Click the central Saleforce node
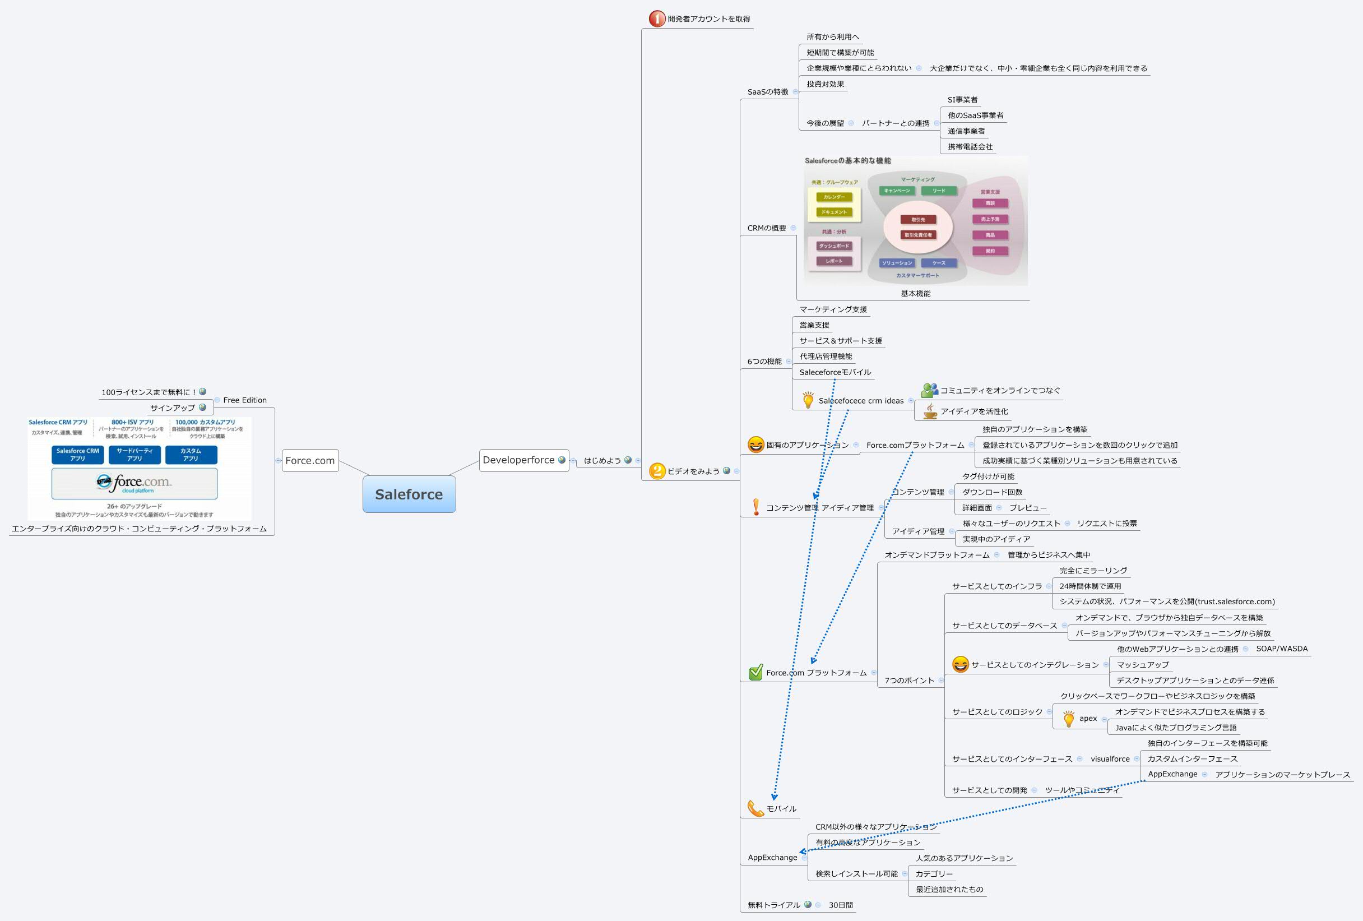[x=409, y=494]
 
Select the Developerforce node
[x=518, y=460]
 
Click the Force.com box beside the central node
[x=310, y=461]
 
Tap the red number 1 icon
[x=656, y=18]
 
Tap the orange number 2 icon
[x=657, y=470]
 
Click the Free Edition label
[x=244, y=400]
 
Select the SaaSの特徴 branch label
[x=767, y=91]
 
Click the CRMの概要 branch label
[x=766, y=228]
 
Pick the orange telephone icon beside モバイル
[x=755, y=808]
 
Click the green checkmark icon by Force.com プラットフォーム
[x=755, y=672]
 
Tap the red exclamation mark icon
[x=755, y=507]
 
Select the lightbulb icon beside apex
[x=1068, y=718]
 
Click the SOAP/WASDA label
[x=1282, y=648]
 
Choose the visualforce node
[x=1110, y=758]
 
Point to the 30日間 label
[x=841, y=905]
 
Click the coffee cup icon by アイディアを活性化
[x=930, y=411]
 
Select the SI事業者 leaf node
[x=962, y=100]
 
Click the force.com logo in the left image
[x=135, y=483]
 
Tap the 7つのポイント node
[x=909, y=680]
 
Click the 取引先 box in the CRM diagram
[x=918, y=219]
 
